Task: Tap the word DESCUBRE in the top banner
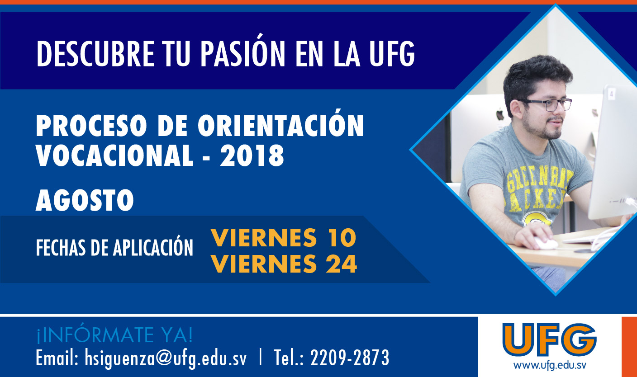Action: (95, 54)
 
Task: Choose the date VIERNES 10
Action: (284, 237)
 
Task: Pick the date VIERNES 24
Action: (284, 264)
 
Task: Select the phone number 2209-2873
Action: (350, 358)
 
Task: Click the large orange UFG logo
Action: (549, 340)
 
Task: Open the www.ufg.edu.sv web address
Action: (550, 365)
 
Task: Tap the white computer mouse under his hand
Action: (546, 243)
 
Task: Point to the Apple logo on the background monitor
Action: (499, 115)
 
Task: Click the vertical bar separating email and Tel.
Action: (261, 358)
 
